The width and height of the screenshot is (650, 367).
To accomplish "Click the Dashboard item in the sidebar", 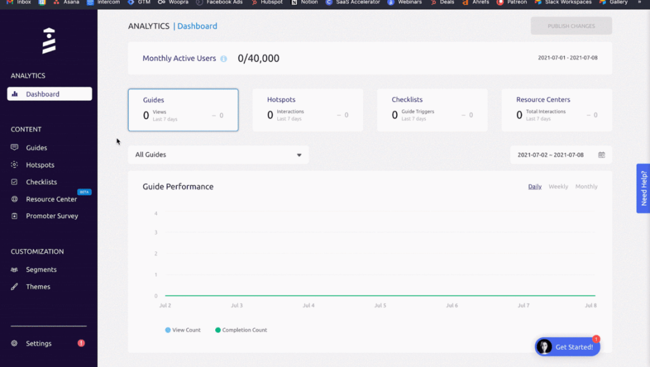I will pyautogui.click(x=43, y=94).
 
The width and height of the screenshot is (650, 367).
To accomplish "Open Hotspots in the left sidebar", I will pyautogui.click(x=40, y=165).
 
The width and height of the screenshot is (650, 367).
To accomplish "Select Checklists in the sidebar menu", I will pyautogui.click(x=41, y=182).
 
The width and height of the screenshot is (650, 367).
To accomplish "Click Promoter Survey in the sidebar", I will pyautogui.click(x=51, y=216).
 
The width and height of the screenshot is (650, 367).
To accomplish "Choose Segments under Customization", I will pyautogui.click(x=41, y=269).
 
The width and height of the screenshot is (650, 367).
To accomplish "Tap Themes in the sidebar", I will pyautogui.click(x=38, y=287).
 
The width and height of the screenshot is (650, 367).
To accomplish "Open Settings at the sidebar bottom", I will pyautogui.click(x=39, y=344).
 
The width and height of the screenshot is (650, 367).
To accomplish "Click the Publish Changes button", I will pyautogui.click(x=571, y=26).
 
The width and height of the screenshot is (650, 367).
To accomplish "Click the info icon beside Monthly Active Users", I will pyautogui.click(x=223, y=59).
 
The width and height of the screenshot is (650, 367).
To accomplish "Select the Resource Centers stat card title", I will pyautogui.click(x=543, y=100).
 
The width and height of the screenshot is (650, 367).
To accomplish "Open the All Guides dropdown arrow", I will pyautogui.click(x=300, y=155).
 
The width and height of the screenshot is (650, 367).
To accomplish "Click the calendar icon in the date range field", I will pyautogui.click(x=601, y=155).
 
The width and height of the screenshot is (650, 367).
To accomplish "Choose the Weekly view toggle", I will pyautogui.click(x=558, y=186).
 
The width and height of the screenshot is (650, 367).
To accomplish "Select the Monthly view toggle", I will pyautogui.click(x=586, y=186).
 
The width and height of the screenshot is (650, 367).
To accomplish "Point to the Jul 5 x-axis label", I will pyautogui.click(x=380, y=306).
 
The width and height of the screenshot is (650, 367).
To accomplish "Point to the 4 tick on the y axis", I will pyautogui.click(x=156, y=214).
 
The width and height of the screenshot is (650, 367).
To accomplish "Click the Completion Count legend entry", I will pyautogui.click(x=244, y=330).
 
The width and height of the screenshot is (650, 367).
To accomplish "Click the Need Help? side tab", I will pyautogui.click(x=644, y=188).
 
